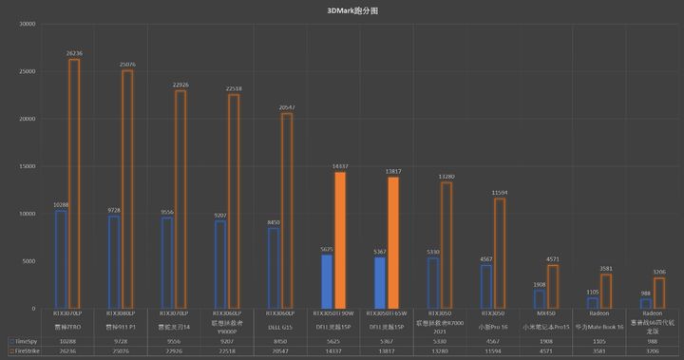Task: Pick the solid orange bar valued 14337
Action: tap(340, 239)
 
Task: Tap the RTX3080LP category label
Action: tap(121, 313)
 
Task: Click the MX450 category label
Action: tap(545, 313)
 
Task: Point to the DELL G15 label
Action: tap(280, 325)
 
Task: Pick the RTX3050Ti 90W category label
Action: tap(333, 313)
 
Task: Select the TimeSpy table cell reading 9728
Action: tap(121, 339)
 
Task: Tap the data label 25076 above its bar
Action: tap(127, 64)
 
